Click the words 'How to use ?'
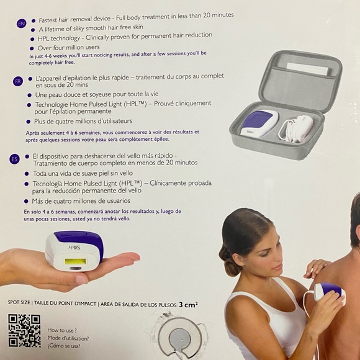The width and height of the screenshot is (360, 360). click(x=61, y=330)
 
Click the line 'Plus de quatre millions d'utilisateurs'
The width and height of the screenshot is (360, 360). click(x=78, y=122)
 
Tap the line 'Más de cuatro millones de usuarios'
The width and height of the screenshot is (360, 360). click(x=78, y=201)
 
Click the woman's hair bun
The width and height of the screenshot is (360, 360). click(x=228, y=267)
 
